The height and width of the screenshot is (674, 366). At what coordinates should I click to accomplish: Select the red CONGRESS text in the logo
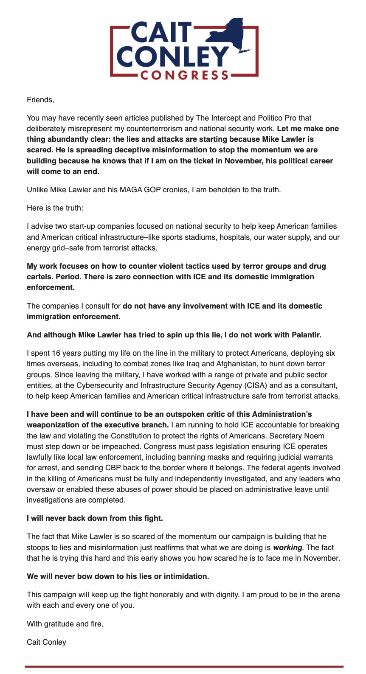point(184,76)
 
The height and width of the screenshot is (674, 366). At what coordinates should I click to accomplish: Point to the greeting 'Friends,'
point(40,100)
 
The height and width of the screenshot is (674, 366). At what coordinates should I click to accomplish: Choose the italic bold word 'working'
point(287,548)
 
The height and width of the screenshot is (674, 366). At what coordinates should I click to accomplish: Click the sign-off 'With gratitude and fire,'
point(65,624)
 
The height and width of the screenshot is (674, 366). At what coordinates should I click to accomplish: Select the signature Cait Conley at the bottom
point(46,642)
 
